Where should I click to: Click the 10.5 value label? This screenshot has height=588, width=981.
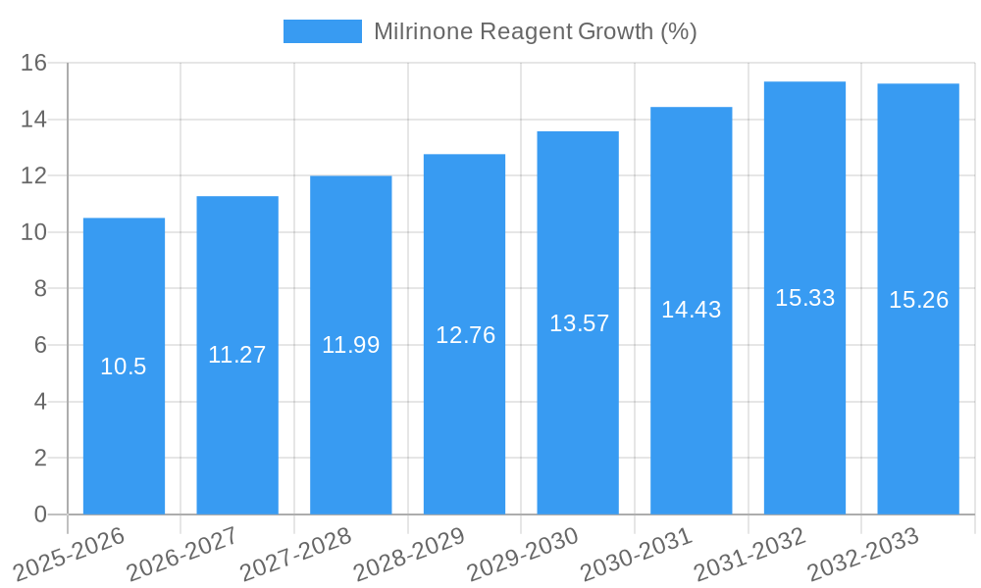coord(124,367)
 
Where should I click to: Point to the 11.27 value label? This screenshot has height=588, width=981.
coord(237,355)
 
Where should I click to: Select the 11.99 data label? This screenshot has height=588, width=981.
coord(350,345)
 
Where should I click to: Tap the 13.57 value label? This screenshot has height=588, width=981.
coord(578,323)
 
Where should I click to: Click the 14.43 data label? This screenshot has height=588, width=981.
coord(691,310)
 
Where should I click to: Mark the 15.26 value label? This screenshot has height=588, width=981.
coord(918,300)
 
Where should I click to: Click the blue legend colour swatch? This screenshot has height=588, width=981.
coord(322,31)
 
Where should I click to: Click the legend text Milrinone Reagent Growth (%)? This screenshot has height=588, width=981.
coord(535,31)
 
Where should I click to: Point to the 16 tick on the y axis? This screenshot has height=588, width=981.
coord(34,64)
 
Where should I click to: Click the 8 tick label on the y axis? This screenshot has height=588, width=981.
coord(40,289)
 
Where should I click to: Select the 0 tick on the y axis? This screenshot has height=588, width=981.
coord(40,514)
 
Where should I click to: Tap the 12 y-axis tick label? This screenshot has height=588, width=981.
coord(34,176)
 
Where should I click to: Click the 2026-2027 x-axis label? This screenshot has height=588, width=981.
coord(182,555)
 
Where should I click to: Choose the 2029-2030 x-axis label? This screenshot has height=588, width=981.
coord(523,555)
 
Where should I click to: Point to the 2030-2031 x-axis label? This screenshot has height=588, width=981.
coord(637,555)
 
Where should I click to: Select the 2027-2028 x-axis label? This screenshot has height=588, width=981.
coord(296,555)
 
